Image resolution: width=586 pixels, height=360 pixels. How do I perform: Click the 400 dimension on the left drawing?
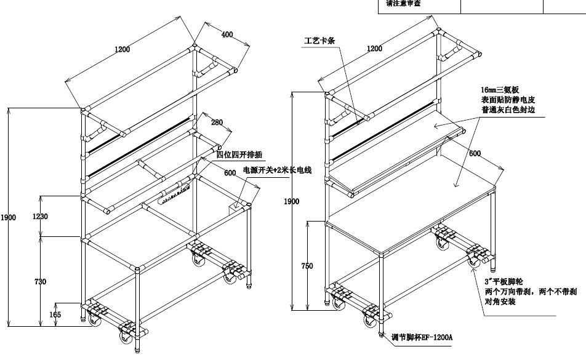[227, 35]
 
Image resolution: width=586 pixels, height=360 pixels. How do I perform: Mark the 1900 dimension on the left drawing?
[8, 217]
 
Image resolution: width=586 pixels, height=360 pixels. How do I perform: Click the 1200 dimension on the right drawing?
[374, 49]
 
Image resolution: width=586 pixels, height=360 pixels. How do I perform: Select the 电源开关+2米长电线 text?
[278, 170]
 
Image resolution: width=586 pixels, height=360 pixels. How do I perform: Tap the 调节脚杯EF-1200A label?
[422, 337]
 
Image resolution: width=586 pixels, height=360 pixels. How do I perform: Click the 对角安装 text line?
[500, 302]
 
